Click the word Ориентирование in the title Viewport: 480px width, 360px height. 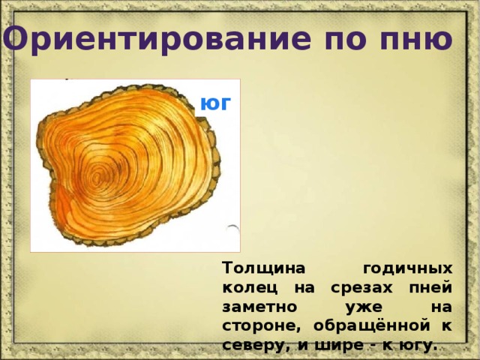click(x=157, y=38)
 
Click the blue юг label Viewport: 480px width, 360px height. click(x=214, y=103)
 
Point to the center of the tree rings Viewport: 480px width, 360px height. click(x=97, y=178)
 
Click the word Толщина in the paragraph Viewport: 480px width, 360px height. click(x=264, y=268)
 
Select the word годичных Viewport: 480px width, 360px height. click(x=408, y=269)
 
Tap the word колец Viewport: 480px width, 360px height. click(x=250, y=288)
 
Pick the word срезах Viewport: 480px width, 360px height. click(x=361, y=288)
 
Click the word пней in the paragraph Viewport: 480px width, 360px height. click(x=430, y=288)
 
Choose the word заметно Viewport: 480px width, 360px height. click(x=259, y=307)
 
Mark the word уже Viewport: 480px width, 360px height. click(x=364, y=307)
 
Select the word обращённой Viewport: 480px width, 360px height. click(x=372, y=326)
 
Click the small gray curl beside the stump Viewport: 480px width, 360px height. click(x=233, y=230)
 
